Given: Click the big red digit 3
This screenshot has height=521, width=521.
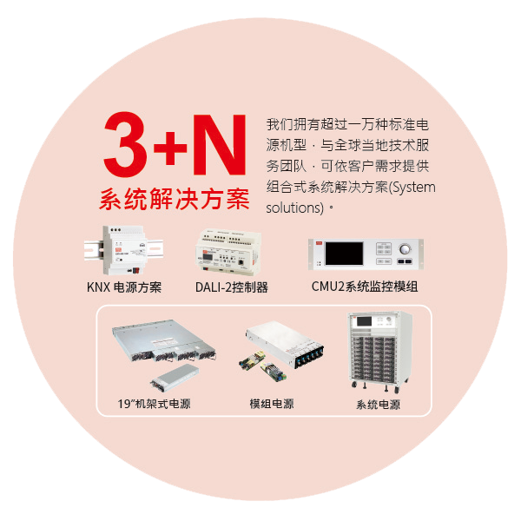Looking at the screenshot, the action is click(126, 144).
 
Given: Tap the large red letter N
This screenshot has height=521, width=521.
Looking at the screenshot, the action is click(220, 144).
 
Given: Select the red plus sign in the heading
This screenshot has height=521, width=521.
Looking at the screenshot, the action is click(170, 148).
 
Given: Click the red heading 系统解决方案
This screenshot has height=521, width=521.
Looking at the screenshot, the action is click(175, 199).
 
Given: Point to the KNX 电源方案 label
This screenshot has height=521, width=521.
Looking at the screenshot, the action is click(124, 287).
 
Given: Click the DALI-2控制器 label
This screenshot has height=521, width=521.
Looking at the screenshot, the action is click(232, 287).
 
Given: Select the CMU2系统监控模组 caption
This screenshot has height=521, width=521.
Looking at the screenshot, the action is click(365, 287).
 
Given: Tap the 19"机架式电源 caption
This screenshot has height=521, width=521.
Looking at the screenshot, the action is click(155, 404).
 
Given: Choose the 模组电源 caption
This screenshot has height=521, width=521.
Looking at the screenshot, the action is click(272, 404).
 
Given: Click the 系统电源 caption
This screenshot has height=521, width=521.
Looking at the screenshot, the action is click(378, 405).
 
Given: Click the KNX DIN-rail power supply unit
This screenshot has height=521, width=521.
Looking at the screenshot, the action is click(124, 250).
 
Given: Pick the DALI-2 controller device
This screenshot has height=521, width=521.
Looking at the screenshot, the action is click(228, 252).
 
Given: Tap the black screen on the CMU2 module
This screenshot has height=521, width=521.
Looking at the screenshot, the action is click(344, 254).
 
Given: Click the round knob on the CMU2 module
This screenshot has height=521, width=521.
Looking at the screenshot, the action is click(405, 249).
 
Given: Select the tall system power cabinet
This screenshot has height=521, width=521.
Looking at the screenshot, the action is click(379, 353).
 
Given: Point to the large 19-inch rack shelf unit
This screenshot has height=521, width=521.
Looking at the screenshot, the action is click(164, 340).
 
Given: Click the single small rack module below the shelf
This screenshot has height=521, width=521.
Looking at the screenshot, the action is click(175, 378).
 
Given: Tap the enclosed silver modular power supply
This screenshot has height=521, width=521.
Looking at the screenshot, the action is click(285, 344).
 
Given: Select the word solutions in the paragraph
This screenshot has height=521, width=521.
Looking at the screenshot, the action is click(293, 208).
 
